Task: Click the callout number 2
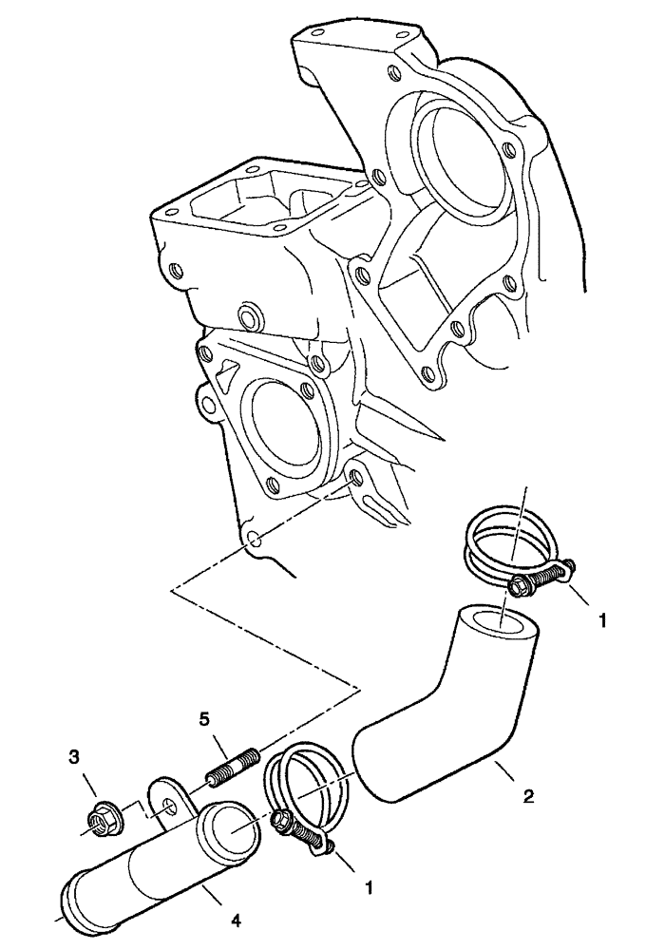click(x=529, y=796)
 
